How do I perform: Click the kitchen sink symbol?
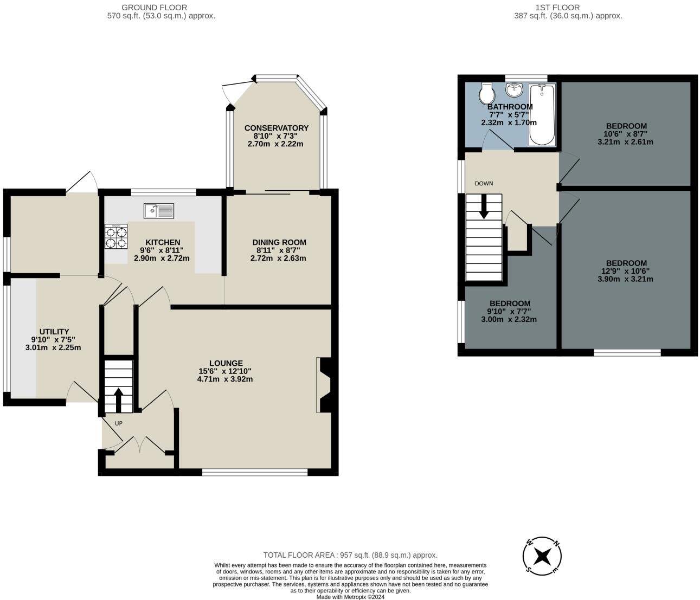pos(158,211)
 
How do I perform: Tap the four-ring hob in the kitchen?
pos(116,236)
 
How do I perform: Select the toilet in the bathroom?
pos(487,93)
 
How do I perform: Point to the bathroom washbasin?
pos(515,90)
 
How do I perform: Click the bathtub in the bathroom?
pos(542,115)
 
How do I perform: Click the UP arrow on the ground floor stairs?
pos(118,400)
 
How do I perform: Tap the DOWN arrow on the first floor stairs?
pos(484,206)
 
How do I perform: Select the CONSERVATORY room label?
pos(277,128)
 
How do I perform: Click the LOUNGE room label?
pos(226,363)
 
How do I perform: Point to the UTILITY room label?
pos(54,332)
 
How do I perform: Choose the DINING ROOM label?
pos(279,242)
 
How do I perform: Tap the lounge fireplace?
pos(324,385)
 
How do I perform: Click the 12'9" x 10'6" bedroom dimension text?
pos(625,271)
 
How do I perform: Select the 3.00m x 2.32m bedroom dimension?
pos(509,319)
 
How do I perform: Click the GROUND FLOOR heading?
pos(154,8)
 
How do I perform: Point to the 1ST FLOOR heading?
pos(562,8)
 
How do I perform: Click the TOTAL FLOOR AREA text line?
pos(350,556)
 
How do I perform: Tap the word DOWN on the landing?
pos(484,184)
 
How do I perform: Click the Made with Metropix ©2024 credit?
pos(350,597)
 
